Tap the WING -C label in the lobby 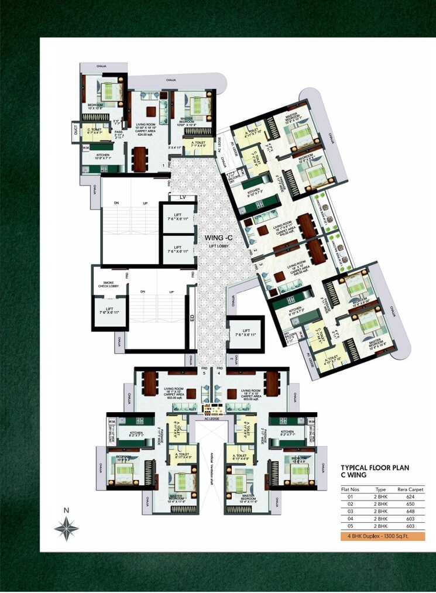[x=216, y=238]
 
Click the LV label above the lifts [x=183, y=197]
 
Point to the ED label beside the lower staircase [x=191, y=318]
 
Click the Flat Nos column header [x=351, y=489]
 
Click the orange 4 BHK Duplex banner [x=382, y=536]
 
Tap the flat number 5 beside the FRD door [x=204, y=372]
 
